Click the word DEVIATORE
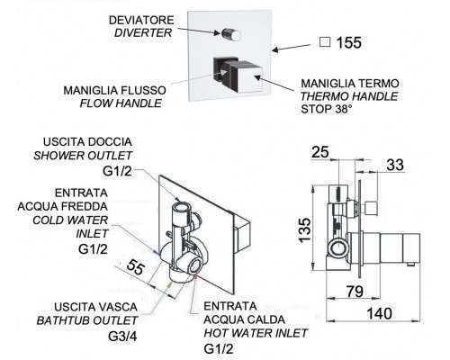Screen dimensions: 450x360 click(x=141, y=21)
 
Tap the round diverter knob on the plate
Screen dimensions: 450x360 click(x=231, y=34)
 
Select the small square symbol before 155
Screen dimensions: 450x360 click(x=325, y=42)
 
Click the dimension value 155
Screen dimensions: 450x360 click(x=349, y=42)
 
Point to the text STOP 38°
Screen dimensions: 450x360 click(x=326, y=109)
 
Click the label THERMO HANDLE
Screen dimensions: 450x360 click(x=349, y=96)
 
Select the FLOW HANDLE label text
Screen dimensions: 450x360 click(x=121, y=103)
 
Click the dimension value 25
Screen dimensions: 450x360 click(x=320, y=152)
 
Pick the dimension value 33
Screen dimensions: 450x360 click(x=395, y=165)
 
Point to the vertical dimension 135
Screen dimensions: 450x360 click(x=305, y=230)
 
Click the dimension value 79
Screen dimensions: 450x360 click(x=355, y=292)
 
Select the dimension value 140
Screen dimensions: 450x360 click(x=379, y=314)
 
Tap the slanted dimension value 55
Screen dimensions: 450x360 click(x=135, y=267)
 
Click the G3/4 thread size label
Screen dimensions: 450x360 click(x=122, y=337)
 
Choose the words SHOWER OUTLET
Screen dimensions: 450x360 click(x=83, y=156)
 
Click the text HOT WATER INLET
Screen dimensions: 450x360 click(x=256, y=333)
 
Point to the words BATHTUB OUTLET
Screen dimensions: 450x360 click(x=87, y=320)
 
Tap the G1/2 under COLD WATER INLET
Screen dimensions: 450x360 click(x=93, y=249)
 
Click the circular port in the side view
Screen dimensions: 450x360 click(x=337, y=248)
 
